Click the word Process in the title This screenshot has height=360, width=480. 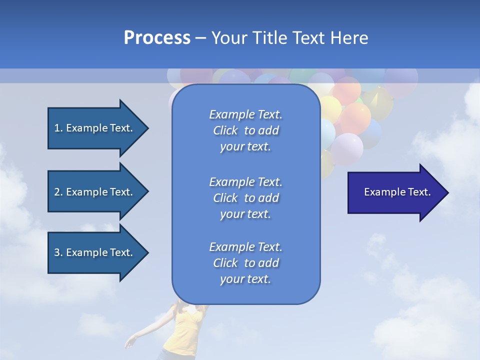coord(157,38)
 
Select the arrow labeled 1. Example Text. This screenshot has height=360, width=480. coord(95,128)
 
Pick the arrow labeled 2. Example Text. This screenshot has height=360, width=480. coord(95,192)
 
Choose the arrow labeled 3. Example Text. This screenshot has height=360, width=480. coord(95,252)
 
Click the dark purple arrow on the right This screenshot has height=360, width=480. coord(395,192)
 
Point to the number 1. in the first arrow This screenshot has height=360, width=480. coord(58,128)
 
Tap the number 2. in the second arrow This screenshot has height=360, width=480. coord(58,192)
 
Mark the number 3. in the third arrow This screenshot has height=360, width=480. coord(58,252)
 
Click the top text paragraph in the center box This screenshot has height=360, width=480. coord(245,130)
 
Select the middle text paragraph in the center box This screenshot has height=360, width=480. coord(245,198)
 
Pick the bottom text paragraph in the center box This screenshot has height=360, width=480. coord(245,263)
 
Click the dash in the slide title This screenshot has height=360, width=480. coord(201,38)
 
